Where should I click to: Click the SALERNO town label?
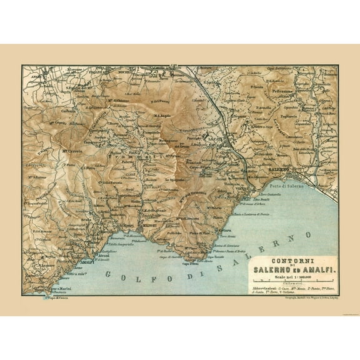coord(280,169)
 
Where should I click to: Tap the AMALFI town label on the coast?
coord(83,262)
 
